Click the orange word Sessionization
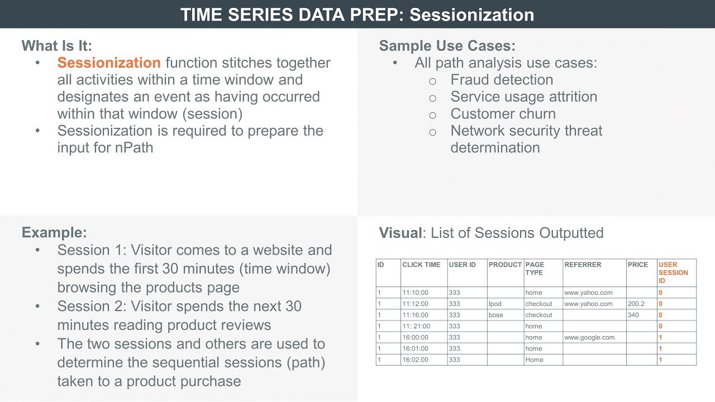click(x=109, y=63)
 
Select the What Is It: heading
click(x=57, y=46)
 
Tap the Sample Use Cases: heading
click(x=447, y=46)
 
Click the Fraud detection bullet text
click(x=502, y=80)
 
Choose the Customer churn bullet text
click(x=503, y=114)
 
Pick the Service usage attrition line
click(x=523, y=97)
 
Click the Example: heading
click(x=54, y=233)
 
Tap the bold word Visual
click(x=400, y=233)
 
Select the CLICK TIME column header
click(x=421, y=265)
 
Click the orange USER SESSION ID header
click(x=673, y=272)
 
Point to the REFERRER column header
click(x=583, y=265)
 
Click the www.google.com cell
click(x=589, y=337)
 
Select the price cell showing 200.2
click(x=636, y=304)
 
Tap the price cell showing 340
click(x=633, y=315)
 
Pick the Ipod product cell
click(x=495, y=304)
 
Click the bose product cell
click(x=495, y=315)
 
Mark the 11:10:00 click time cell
click(x=415, y=293)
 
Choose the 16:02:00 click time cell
click(x=415, y=360)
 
